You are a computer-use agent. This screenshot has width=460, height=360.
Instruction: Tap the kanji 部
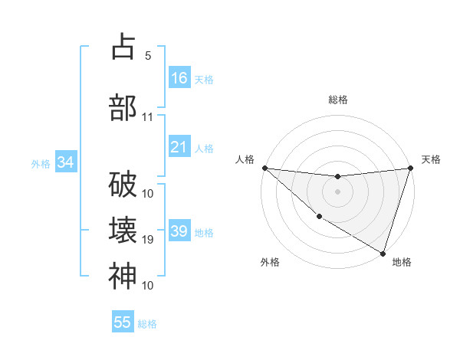[123, 107]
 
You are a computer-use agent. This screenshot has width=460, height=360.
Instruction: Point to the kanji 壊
[123, 230]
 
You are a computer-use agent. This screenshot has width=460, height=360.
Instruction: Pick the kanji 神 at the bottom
[123, 276]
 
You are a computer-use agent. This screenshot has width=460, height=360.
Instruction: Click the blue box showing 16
[179, 78]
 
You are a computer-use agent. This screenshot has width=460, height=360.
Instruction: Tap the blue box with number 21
[179, 147]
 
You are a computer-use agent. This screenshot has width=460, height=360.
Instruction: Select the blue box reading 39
[179, 231]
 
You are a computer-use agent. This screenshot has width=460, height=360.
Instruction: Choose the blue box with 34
[65, 162]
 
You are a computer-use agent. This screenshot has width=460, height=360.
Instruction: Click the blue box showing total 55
[123, 322]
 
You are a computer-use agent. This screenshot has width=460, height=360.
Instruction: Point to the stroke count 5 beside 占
[148, 55]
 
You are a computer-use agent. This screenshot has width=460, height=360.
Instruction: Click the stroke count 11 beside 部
[148, 117]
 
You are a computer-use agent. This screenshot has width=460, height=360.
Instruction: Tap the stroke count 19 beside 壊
[148, 240]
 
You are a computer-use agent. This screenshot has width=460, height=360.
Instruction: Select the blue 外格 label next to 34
[41, 163]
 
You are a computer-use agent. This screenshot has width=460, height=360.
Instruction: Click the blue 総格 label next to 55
[147, 323]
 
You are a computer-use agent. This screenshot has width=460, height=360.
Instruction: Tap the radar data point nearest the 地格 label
[383, 253]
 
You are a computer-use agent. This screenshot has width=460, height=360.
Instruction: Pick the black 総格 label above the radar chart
[337, 100]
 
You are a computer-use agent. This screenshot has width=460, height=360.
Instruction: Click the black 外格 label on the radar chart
[270, 263]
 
